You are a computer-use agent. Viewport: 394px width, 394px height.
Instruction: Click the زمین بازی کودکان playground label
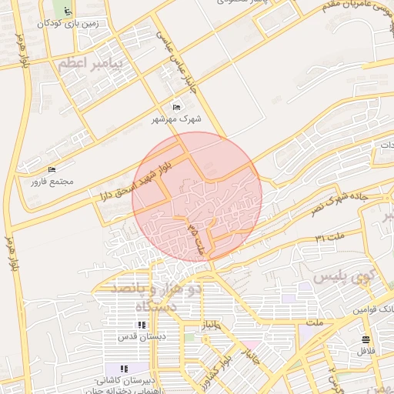[68, 23]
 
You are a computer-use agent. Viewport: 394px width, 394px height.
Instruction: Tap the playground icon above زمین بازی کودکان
[68, 11]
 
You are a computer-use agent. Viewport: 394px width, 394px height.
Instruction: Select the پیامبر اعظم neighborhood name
[90, 65]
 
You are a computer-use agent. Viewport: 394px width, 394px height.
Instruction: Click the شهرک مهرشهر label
[177, 119]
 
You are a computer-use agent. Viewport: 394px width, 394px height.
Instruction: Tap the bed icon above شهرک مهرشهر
[177, 107]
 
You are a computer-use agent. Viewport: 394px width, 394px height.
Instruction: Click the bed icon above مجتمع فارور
[52, 169]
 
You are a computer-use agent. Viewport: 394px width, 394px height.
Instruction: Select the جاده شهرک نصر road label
[339, 198]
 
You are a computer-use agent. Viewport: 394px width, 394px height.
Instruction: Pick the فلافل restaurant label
[365, 351]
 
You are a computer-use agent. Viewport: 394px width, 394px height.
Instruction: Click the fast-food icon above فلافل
[366, 339]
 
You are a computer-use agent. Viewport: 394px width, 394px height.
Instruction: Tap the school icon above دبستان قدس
[141, 325]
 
